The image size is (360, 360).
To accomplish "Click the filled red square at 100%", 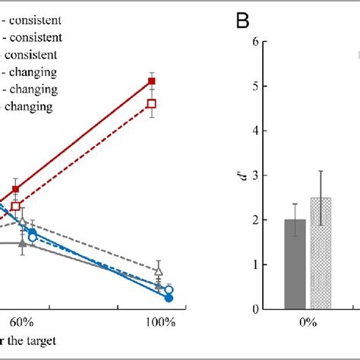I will [152, 81].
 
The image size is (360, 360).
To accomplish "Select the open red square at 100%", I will [152, 103].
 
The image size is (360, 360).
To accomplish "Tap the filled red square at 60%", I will [15, 189].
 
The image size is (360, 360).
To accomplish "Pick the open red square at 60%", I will [15, 206].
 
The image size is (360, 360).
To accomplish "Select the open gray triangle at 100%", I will [158, 270].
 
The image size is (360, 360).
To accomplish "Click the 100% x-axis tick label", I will [159, 322].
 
